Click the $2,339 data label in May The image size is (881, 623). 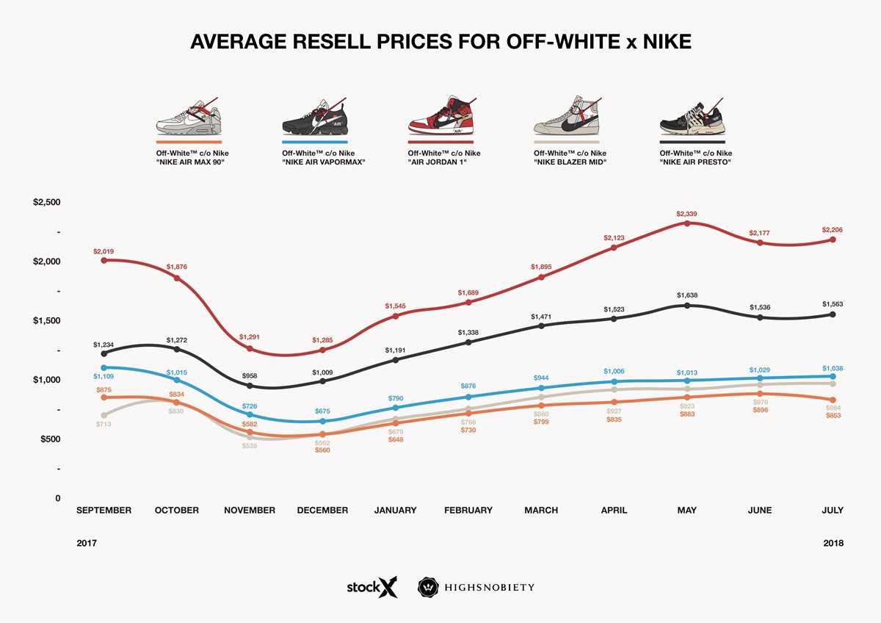686,214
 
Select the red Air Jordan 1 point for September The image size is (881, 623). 104,260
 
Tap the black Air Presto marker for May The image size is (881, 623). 686,305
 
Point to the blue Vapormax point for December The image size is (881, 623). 322,421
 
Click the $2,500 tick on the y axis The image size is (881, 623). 47,202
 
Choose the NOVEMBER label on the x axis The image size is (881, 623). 250,510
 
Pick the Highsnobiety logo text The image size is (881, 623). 489,588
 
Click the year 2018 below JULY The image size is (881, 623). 833,544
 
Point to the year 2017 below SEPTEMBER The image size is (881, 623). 87,544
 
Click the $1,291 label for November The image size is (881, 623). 250,337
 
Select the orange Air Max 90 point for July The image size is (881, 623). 833,400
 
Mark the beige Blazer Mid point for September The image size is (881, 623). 104,415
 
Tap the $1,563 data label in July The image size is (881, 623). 833,303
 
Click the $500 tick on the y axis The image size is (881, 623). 47,439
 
